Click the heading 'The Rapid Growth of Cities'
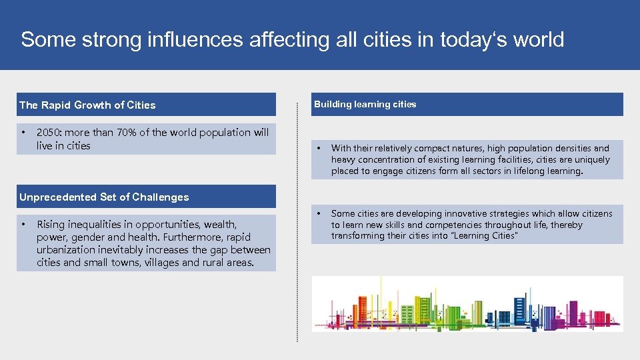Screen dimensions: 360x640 click(87, 105)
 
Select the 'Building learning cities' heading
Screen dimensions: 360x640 click(365, 104)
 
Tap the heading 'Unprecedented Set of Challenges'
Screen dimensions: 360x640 click(104, 197)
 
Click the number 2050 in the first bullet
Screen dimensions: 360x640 click(49, 133)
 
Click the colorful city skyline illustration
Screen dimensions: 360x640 click(467, 304)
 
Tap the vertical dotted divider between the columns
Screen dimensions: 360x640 click(297, 220)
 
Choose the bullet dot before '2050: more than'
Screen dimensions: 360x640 click(23, 133)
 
